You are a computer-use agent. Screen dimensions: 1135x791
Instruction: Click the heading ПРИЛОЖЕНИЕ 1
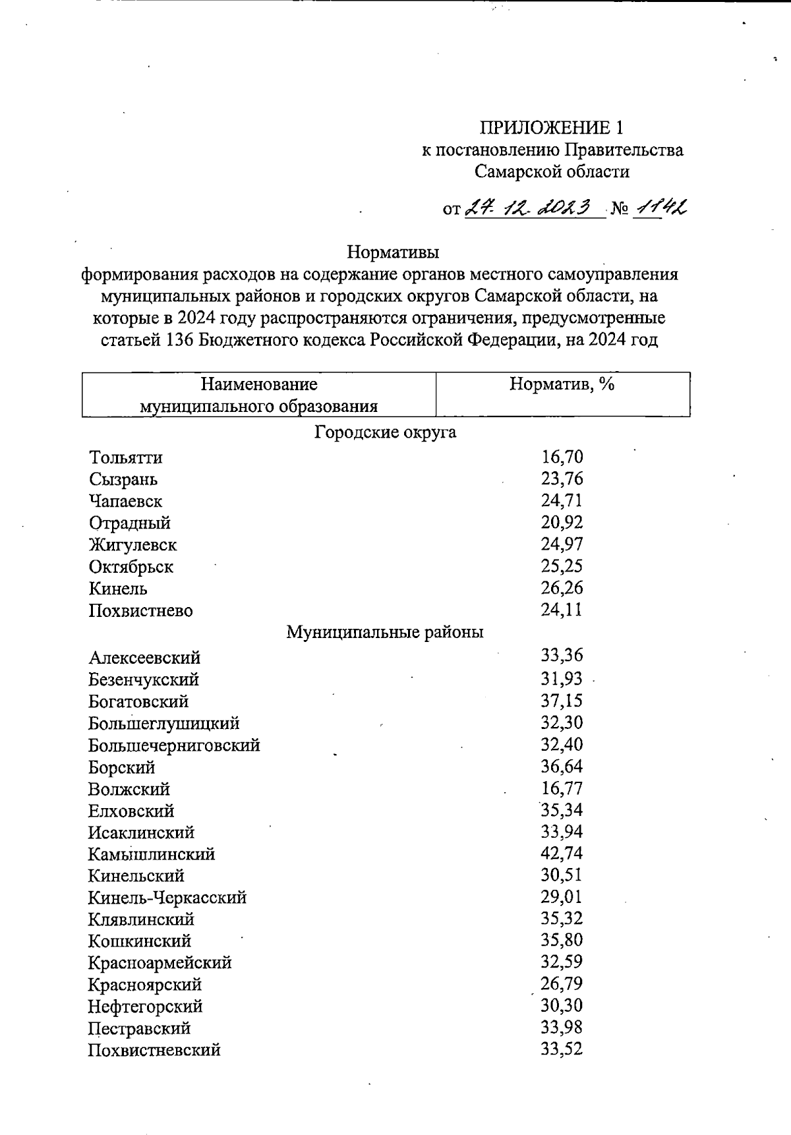click(551, 127)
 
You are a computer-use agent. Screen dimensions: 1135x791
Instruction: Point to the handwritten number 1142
click(660, 208)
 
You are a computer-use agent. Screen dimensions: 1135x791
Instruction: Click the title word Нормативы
click(393, 252)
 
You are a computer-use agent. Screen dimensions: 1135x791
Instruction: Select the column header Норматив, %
click(562, 384)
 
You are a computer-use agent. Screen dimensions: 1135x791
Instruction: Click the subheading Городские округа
click(386, 432)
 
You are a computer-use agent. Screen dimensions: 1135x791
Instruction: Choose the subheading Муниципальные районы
click(385, 632)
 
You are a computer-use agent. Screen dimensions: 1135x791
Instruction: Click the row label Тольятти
click(126, 457)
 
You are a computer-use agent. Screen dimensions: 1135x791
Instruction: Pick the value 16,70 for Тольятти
click(562, 457)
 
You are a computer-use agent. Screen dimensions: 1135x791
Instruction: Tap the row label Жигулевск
click(132, 545)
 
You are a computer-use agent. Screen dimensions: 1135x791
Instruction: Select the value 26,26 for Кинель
click(562, 587)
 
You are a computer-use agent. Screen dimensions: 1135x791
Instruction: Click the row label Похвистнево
click(140, 610)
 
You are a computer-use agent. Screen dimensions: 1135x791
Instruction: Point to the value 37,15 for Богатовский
click(562, 701)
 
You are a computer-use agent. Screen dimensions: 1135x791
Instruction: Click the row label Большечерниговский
click(174, 745)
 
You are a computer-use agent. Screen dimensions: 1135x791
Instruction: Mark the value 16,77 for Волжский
click(562, 788)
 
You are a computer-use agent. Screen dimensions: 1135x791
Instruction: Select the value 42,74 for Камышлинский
click(562, 854)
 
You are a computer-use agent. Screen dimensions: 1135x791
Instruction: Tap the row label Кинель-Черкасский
click(167, 898)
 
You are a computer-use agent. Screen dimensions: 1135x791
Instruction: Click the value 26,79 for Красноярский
click(562, 984)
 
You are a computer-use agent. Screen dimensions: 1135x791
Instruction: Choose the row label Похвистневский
click(154, 1050)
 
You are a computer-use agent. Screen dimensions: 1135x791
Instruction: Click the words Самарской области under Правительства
click(552, 172)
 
